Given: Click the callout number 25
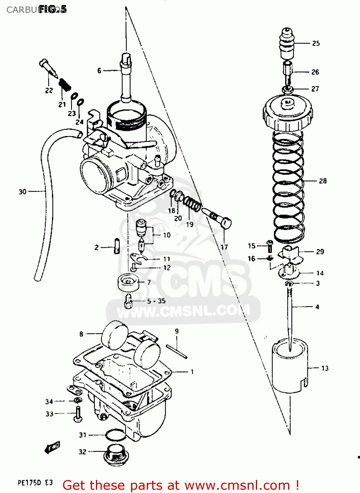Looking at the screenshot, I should pos(316,43).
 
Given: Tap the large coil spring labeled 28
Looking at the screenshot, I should pos(288,184).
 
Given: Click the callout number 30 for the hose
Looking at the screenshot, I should pos(22,192).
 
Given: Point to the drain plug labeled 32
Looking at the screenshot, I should pos(116,455).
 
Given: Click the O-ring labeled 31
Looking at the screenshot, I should pos(115,435).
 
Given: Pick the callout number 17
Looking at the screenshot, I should pos(224,247).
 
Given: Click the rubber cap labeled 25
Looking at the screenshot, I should pos(287,43).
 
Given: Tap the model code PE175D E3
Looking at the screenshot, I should pos(35,483).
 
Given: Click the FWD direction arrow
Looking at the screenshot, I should pos(52,447).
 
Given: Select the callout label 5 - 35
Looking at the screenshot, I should pos(156,301).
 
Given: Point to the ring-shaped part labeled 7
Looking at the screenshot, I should pos(128,282).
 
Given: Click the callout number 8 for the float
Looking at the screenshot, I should pos(81,334).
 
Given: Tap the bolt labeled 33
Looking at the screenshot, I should pos(78,413).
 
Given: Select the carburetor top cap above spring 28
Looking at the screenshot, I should pos(288,113).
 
